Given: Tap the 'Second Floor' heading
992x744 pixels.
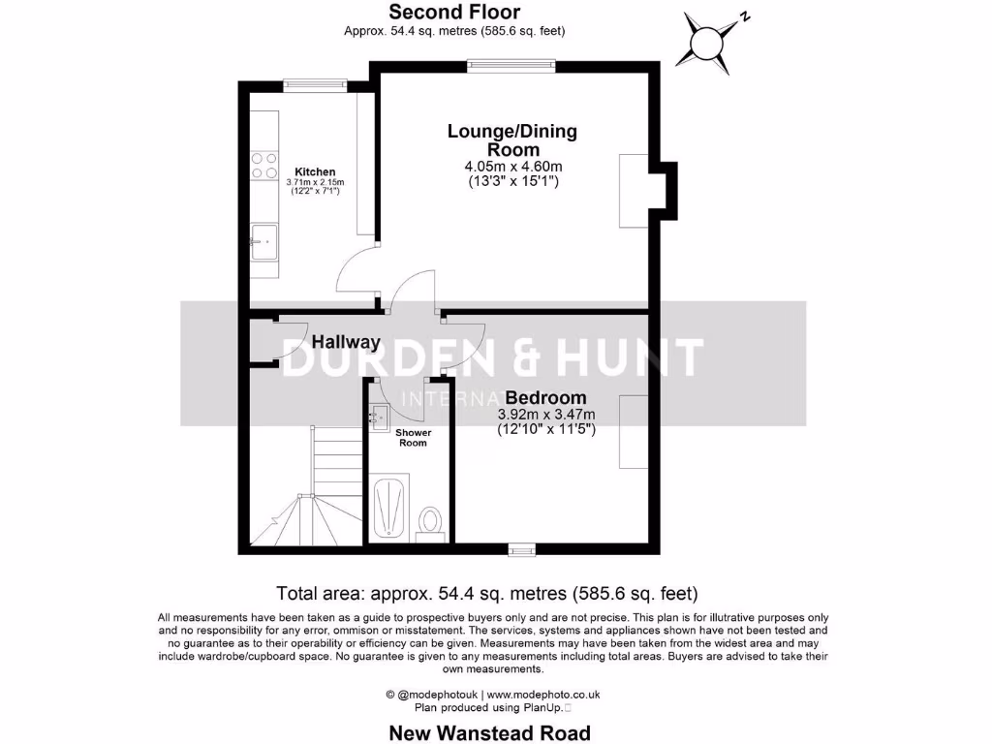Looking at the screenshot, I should (x=454, y=13).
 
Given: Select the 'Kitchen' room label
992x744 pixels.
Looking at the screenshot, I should (x=316, y=171).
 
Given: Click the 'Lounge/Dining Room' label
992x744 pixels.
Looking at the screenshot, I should (x=511, y=140).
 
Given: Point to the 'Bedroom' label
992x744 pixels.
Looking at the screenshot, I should (x=545, y=398).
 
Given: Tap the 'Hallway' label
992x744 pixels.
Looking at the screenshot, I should (x=346, y=342).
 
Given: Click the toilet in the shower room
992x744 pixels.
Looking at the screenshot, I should (x=430, y=523).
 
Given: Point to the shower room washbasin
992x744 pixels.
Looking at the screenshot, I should (x=378, y=417).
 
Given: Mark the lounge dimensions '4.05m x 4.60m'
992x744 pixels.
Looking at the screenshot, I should (x=512, y=167).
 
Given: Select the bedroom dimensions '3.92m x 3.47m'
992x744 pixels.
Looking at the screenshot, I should (x=545, y=415).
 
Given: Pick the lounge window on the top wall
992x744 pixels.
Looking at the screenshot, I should (x=511, y=66).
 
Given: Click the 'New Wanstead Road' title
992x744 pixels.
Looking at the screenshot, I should (x=489, y=732).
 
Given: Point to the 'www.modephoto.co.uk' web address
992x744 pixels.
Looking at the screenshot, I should (x=542, y=694).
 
